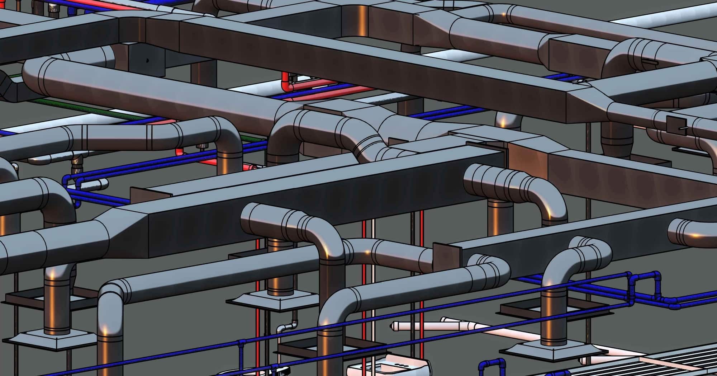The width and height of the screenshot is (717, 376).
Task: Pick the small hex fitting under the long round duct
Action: tap(203, 146)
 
